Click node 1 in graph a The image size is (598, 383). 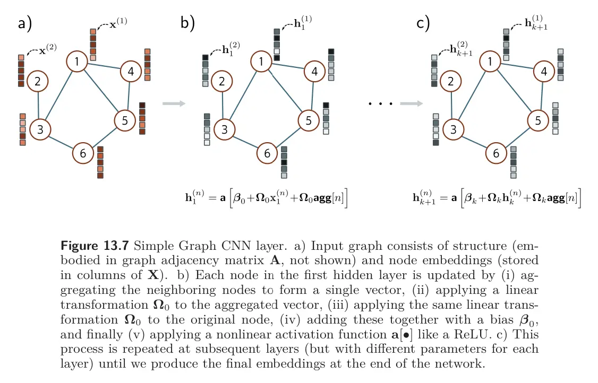76,62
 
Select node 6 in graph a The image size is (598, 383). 83,153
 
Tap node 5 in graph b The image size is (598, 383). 309,120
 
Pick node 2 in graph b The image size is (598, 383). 221,81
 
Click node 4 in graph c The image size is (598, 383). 544,71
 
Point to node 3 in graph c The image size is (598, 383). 453,129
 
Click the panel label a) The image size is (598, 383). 25,23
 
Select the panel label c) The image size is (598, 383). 423,23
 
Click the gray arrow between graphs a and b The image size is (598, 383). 174,103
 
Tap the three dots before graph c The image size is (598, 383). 380,103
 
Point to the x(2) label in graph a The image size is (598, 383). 48,49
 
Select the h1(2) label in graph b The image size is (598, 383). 230,49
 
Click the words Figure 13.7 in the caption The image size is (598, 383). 95,246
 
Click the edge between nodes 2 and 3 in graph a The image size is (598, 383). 38,105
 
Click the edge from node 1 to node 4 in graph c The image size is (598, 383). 517,66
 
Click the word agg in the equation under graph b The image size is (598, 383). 322,198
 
